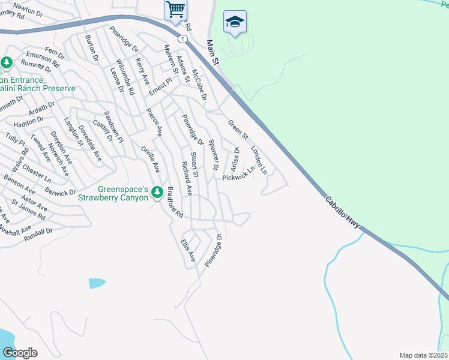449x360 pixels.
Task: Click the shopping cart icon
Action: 175,10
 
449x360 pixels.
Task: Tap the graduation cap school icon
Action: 235,23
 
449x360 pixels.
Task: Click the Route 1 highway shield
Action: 181,38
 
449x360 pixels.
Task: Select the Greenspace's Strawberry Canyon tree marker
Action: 157,193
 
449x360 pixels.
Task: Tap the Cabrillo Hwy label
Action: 343,212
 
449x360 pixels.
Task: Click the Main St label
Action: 212,53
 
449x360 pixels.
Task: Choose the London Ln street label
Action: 259,160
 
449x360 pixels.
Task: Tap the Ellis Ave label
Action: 188,250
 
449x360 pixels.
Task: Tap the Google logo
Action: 20,352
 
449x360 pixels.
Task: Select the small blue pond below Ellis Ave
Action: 97,283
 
